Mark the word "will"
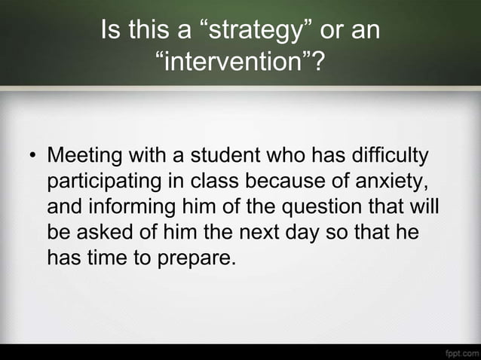(426, 208)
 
